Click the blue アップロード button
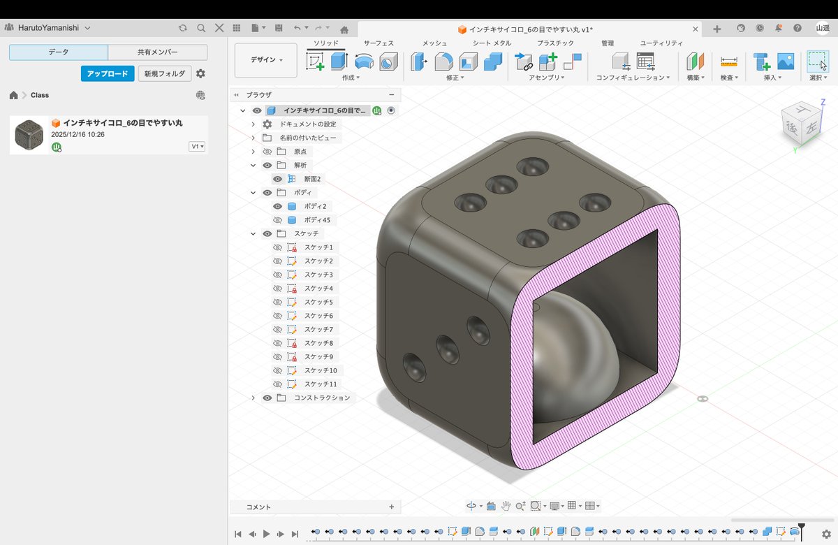pyautogui.click(x=108, y=74)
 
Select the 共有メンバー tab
pyautogui.click(x=158, y=52)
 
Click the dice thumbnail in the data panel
pyautogui.click(x=29, y=135)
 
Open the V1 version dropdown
pyautogui.click(x=197, y=146)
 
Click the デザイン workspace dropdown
pyautogui.click(x=265, y=60)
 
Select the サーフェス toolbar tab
pyautogui.click(x=378, y=43)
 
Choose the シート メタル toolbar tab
pyautogui.click(x=492, y=43)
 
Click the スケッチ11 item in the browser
pyautogui.click(x=321, y=384)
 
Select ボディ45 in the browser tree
pyautogui.click(x=317, y=220)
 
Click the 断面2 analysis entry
pyautogui.click(x=312, y=179)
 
